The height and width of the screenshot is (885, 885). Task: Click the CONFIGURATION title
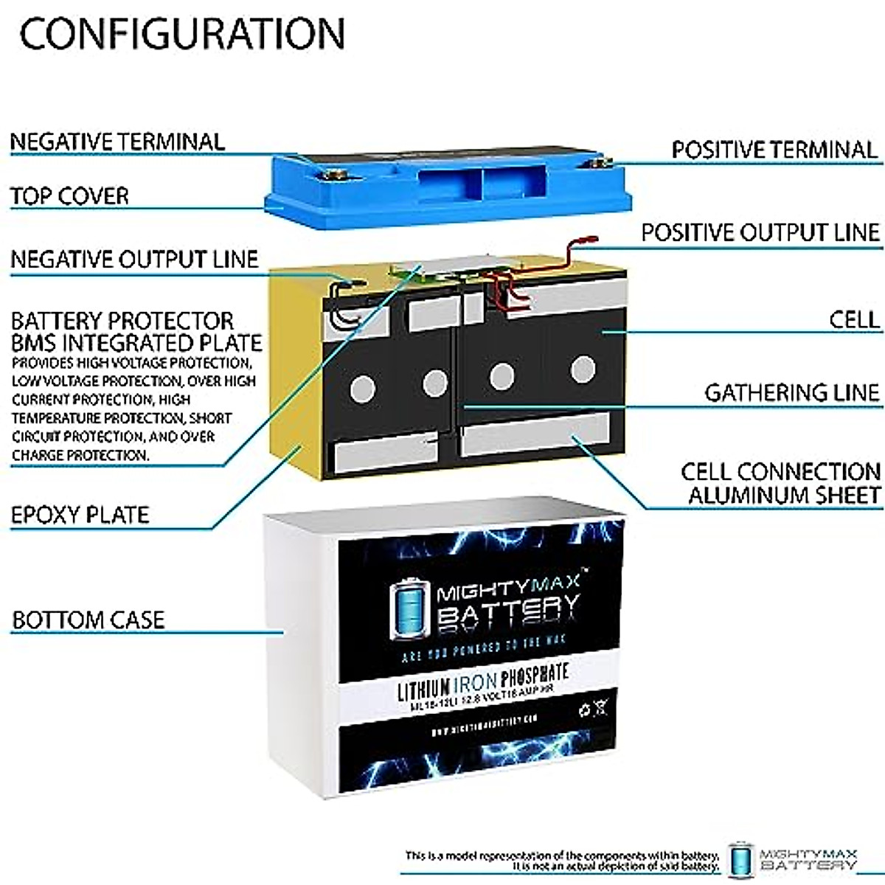[182, 33]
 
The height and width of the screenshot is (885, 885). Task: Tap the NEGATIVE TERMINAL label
[117, 142]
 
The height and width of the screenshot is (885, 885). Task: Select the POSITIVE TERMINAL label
[774, 150]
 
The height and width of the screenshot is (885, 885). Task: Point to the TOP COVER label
[69, 196]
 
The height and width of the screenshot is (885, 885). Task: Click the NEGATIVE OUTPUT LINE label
[134, 259]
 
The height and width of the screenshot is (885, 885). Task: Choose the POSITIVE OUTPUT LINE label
[760, 232]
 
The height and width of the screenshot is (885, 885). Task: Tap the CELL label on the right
[854, 319]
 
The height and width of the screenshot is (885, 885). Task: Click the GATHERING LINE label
[792, 392]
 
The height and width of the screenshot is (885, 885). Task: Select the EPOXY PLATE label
[80, 515]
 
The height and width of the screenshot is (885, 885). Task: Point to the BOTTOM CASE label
[88, 619]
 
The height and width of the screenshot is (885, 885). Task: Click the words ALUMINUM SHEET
[785, 495]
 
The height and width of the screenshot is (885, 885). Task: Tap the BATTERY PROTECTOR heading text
[122, 322]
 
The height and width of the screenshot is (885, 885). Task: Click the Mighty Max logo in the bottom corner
[793, 858]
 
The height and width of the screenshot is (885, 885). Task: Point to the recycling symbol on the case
[585, 711]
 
